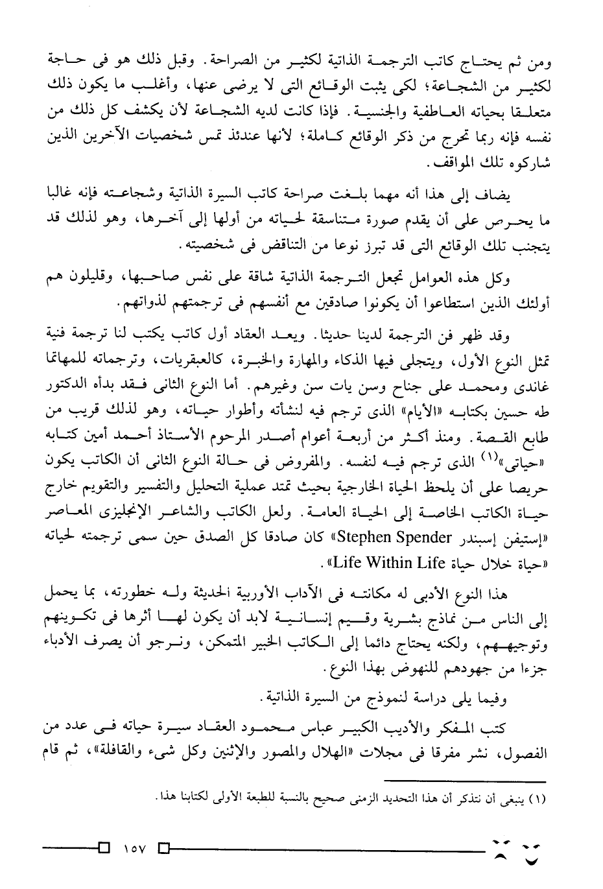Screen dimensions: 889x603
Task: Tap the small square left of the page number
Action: coord(104,848)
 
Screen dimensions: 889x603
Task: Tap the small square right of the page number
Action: coord(165,848)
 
